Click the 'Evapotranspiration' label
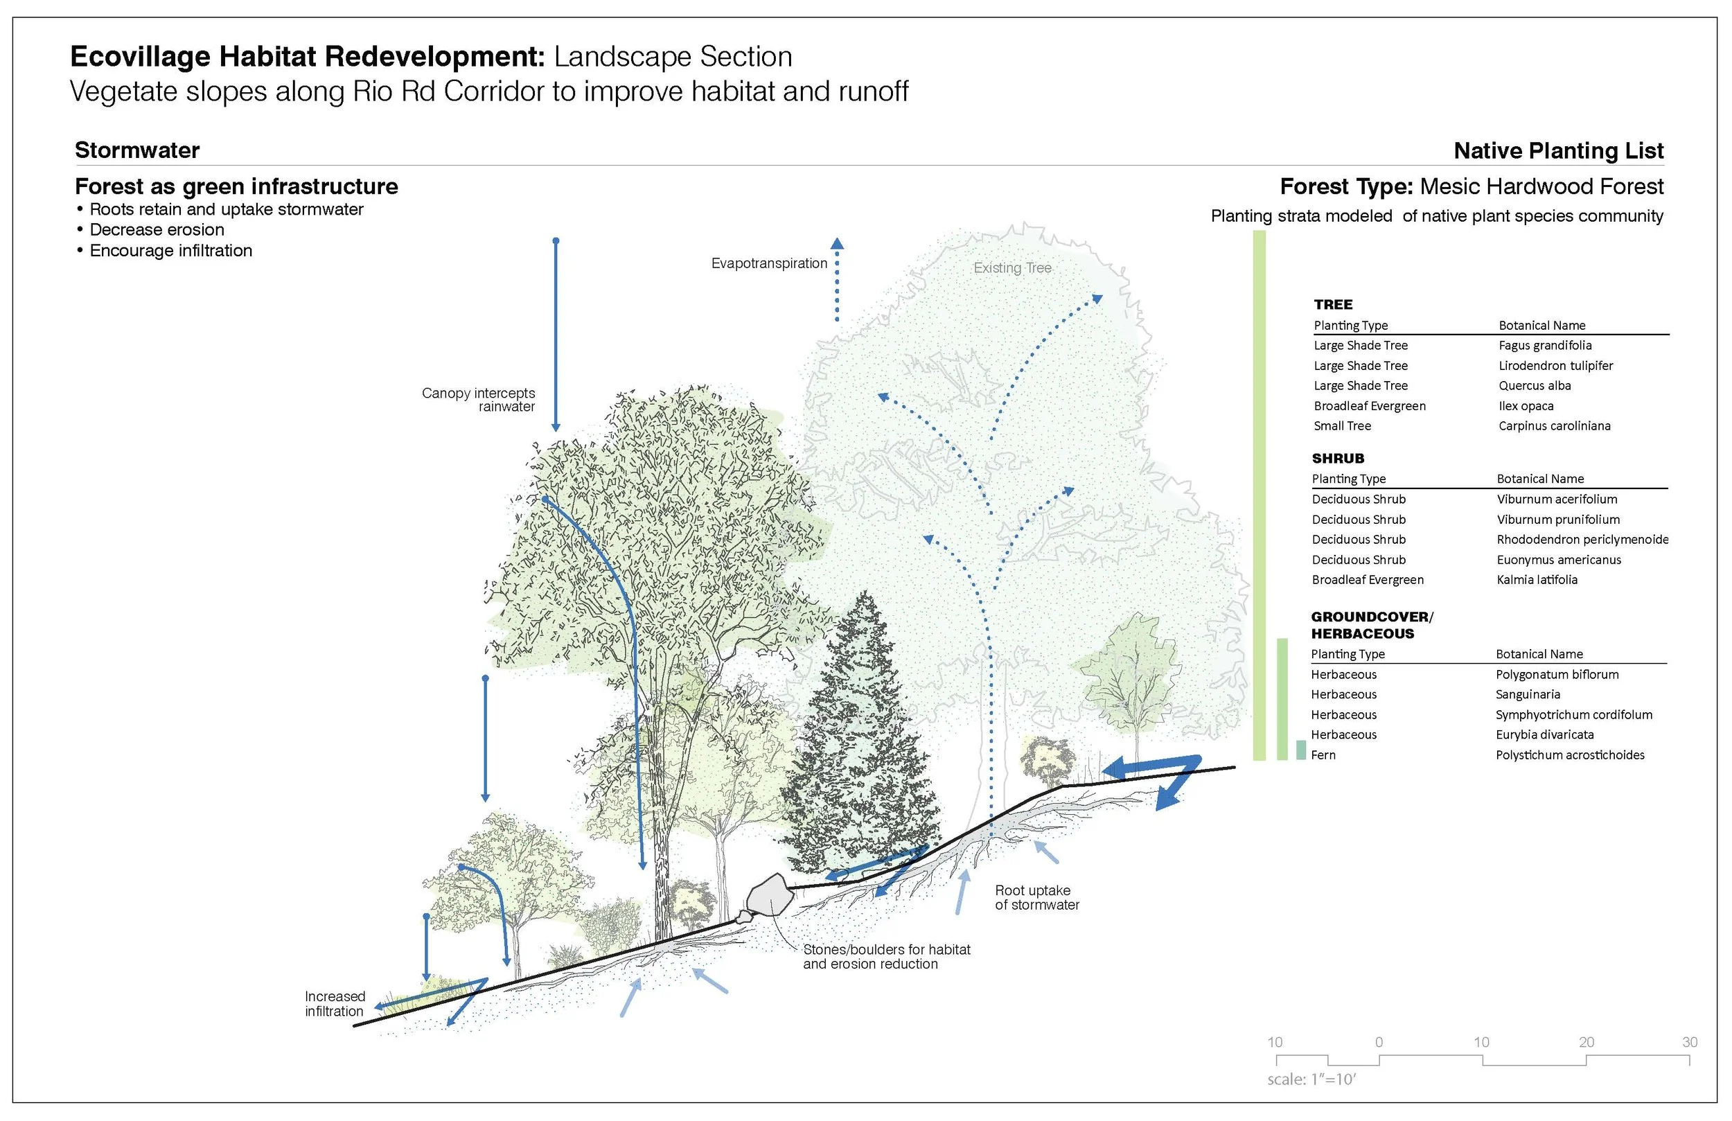(768, 263)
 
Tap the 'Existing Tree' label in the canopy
(1011, 268)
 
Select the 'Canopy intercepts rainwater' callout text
(479, 400)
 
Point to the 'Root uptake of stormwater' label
(1036, 897)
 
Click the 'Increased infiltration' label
(335, 1004)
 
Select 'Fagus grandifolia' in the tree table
(1544, 346)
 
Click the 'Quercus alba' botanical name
(1534, 386)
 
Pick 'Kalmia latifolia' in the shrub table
(1536, 580)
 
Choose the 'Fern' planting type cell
(1323, 756)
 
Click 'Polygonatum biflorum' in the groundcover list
(1557, 675)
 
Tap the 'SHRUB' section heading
(1338, 459)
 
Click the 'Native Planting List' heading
(1557, 150)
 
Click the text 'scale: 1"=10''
(1311, 1079)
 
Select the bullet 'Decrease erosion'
(157, 230)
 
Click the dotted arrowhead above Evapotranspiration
(837, 244)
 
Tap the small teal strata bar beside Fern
(1300, 750)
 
